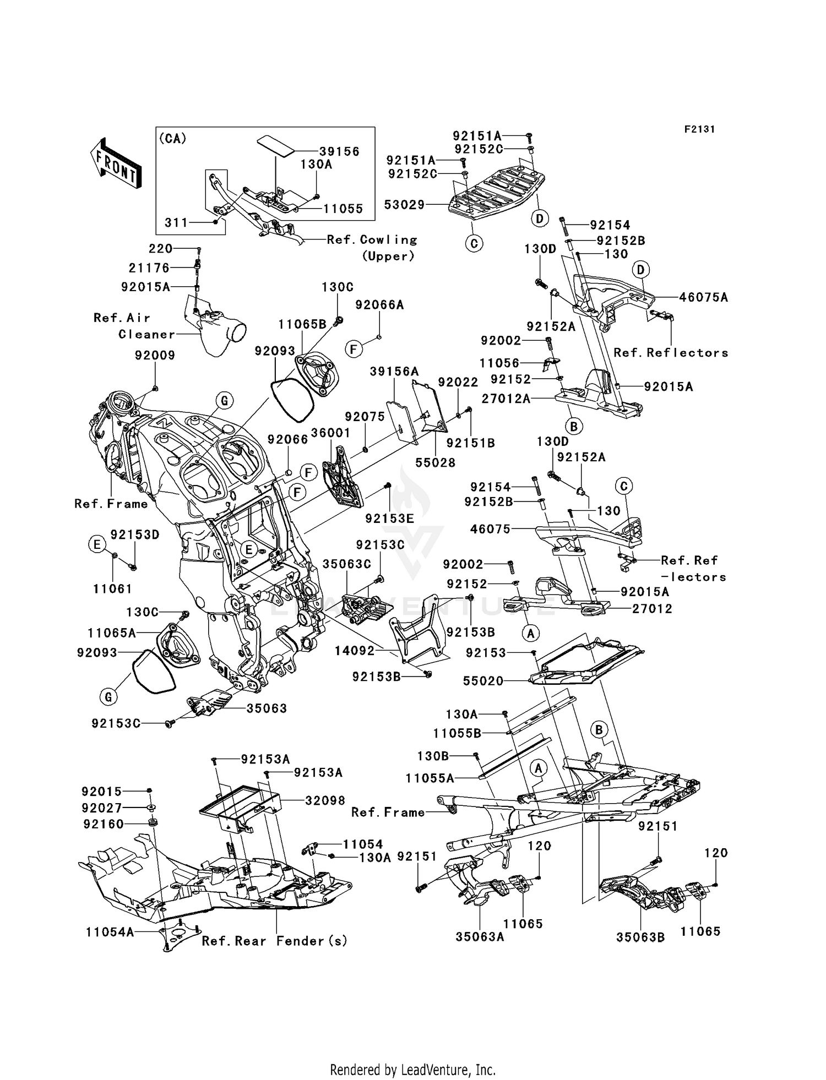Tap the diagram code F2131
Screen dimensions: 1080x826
699,129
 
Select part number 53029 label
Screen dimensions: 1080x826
405,205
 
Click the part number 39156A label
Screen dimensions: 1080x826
394,372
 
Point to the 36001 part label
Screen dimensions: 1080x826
330,433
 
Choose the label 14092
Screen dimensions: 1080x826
354,651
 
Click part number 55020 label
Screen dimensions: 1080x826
483,681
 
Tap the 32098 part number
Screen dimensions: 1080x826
325,800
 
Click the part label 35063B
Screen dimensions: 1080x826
640,937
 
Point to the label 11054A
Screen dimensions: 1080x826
110,932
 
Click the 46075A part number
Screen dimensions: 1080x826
703,298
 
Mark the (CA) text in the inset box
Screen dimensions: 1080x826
172,139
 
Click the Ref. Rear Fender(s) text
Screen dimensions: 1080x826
274,941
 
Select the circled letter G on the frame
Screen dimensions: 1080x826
224,400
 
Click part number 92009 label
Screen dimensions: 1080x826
155,356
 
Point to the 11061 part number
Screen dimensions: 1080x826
112,589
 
